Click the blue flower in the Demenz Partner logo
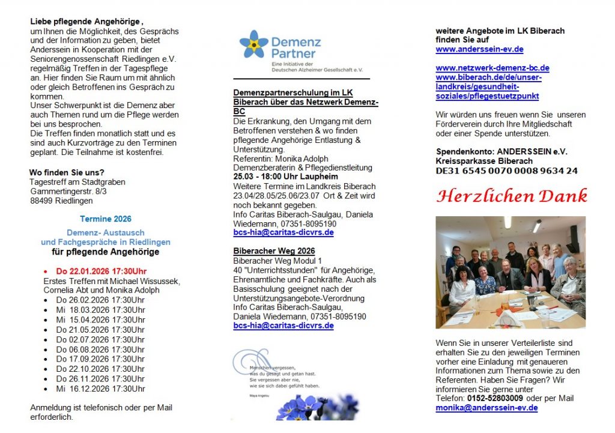click(x=253, y=45)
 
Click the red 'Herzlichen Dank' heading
click(x=512, y=196)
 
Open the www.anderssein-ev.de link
click(x=479, y=49)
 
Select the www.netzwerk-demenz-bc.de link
click(x=492, y=68)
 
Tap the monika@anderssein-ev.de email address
click(x=486, y=408)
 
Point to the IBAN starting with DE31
click(x=506, y=171)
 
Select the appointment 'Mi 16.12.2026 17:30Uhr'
click(x=100, y=389)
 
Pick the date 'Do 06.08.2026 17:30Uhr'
click(x=100, y=350)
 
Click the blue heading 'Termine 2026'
click(x=105, y=219)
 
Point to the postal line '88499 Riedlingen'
click(x=61, y=201)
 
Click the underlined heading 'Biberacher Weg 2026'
click(x=274, y=251)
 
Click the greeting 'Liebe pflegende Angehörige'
click(x=86, y=22)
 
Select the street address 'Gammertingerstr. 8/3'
click(x=68, y=191)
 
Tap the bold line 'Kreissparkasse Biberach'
click(x=484, y=161)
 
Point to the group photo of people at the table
click(x=510, y=272)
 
